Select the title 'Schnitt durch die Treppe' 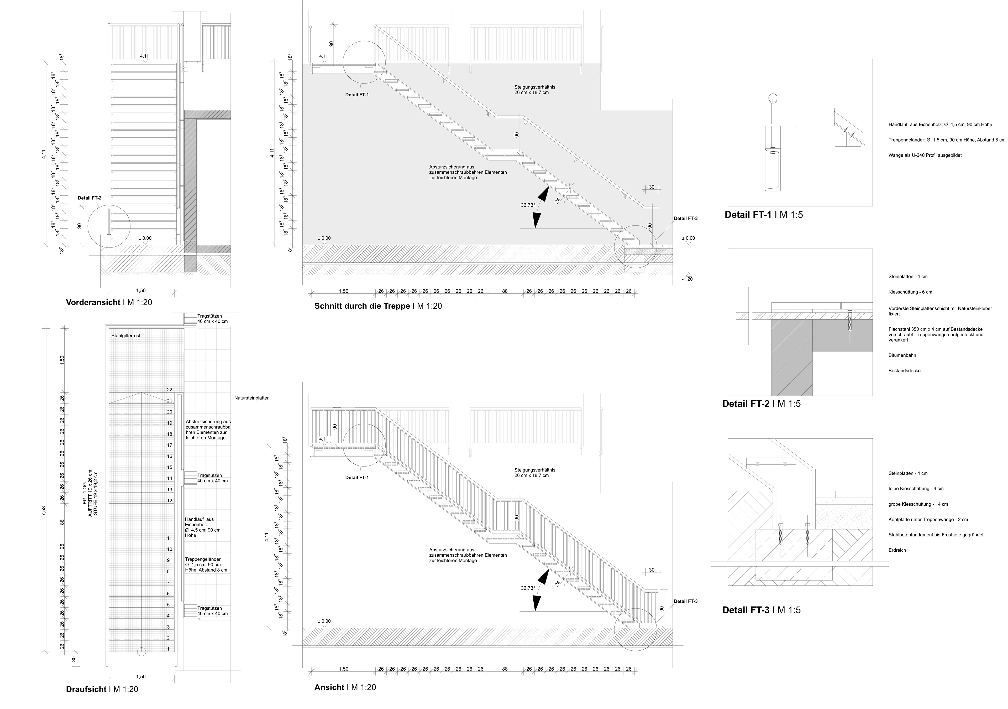[362, 306]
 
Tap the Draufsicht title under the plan [86, 689]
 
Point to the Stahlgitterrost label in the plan [125, 336]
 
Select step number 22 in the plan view [170, 390]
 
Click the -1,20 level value [687, 279]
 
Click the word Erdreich [897, 550]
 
